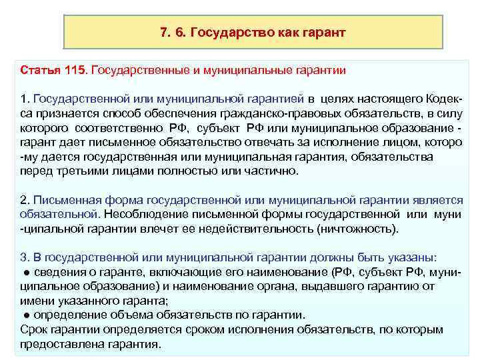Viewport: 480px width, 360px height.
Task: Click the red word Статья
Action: click(39, 69)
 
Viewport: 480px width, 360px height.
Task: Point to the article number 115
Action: click(75, 69)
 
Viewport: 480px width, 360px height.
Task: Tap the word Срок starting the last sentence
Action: click(33, 330)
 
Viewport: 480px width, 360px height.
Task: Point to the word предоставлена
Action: click(54, 344)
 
